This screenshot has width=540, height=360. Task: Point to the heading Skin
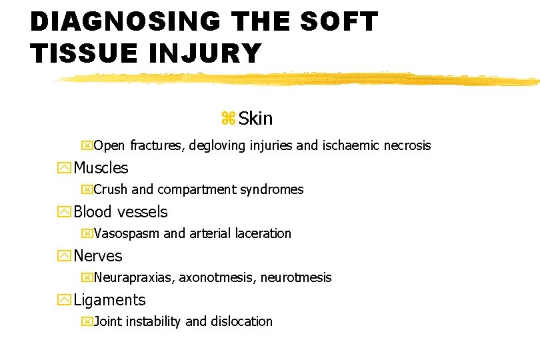255,119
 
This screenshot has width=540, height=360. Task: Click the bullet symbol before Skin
228,119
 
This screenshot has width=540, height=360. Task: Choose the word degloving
215,145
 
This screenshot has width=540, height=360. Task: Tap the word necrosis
407,145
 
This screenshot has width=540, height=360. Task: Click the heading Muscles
101,168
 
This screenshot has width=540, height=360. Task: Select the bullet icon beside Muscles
65,168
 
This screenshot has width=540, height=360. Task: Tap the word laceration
266,233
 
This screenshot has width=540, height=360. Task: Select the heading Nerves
98,256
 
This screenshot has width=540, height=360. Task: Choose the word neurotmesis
296,277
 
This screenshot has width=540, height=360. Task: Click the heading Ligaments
109,300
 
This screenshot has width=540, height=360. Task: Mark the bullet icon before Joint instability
85,321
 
